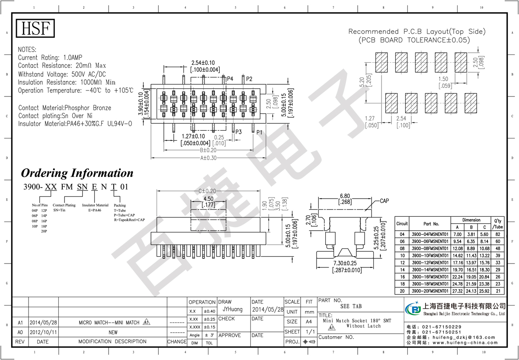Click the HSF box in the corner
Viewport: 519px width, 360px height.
(x=36, y=29)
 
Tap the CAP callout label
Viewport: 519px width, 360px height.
(x=384, y=201)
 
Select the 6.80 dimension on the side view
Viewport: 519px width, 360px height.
(x=344, y=196)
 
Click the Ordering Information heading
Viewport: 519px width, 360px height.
(x=77, y=173)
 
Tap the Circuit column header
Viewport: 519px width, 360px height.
(x=402, y=224)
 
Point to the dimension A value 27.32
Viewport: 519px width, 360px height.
(x=457, y=291)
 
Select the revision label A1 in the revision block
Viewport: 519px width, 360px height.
(x=20, y=323)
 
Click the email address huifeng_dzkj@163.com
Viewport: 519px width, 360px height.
(x=466, y=337)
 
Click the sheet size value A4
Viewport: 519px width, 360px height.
(x=309, y=322)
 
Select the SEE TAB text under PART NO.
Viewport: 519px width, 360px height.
(x=351, y=306)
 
